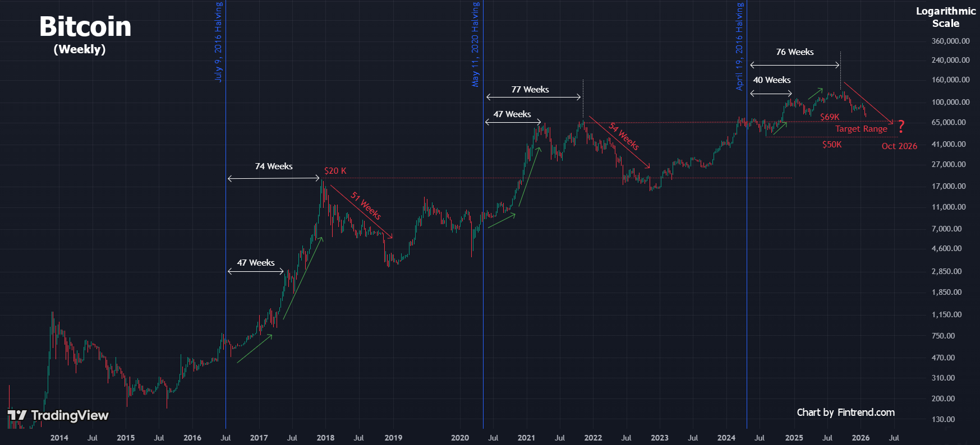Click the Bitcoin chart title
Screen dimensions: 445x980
click(x=85, y=27)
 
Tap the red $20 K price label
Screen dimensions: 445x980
click(x=335, y=171)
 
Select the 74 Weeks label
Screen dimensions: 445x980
click(x=274, y=166)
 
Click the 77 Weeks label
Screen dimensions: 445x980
click(x=530, y=90)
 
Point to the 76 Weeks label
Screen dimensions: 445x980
click(x=795, y=52)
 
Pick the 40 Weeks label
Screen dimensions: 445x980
click(x=772, y=80)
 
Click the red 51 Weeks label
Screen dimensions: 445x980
click(x=366, y=205)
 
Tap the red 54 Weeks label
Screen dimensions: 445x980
click(x=624, y=136)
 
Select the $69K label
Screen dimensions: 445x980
click(x=830, y=117)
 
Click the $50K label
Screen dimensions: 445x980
click(x=832, y=145)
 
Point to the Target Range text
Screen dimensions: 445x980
click(x=861, y=129)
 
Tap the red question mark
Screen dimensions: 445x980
click(x=901, y=127)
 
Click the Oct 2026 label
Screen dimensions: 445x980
click(x=899, y=146)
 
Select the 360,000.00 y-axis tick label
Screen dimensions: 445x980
click(x=950, y=41)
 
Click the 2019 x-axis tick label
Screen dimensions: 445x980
click(x=393, y=438)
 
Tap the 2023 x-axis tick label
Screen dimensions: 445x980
click(x=660, y=438)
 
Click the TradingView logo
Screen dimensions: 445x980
click(x=58, y=415)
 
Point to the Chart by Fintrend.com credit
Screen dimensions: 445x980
click(x=845, y=412)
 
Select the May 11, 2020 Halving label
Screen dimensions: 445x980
click(x=475, y=44)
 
